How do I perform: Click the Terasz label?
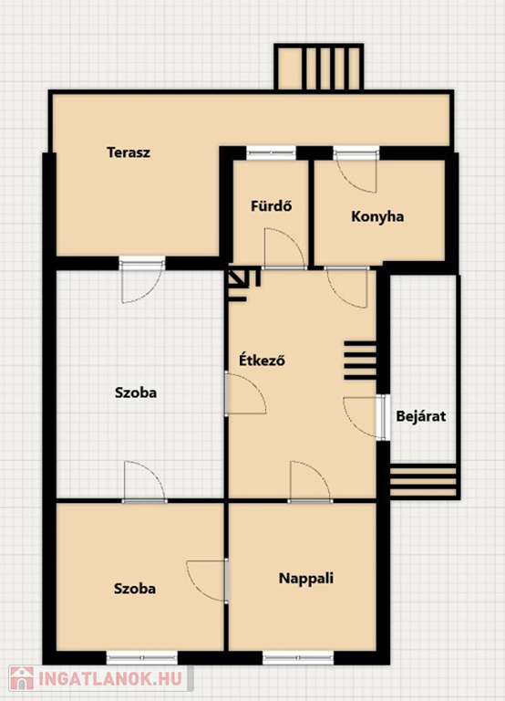(x=129, y=152)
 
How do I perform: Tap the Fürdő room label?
(x=271, y=206)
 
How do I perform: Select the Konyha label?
(x=377, y=216)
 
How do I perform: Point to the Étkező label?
(x=262, y=360)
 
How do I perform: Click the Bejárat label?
(x=420, y=416)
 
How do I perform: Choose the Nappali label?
(x=306, y=578)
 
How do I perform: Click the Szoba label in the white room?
(x=136, y=392)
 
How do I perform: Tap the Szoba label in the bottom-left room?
(x=135, y=589)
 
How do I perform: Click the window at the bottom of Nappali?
(x=298, y=657)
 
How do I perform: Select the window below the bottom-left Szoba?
(x=142, y=657)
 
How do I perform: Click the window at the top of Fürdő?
(x=272, y=153)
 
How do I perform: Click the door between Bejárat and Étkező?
(x=366, y=417)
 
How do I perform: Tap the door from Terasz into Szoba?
(x=142, y=280)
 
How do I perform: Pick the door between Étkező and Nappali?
(x=310, y=482)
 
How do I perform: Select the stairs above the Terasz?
(x=319, y=68)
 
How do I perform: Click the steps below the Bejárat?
(x=423, y=482)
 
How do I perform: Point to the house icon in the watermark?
(x=22, y=679)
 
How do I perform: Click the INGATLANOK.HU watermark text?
(x=110, y=679)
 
